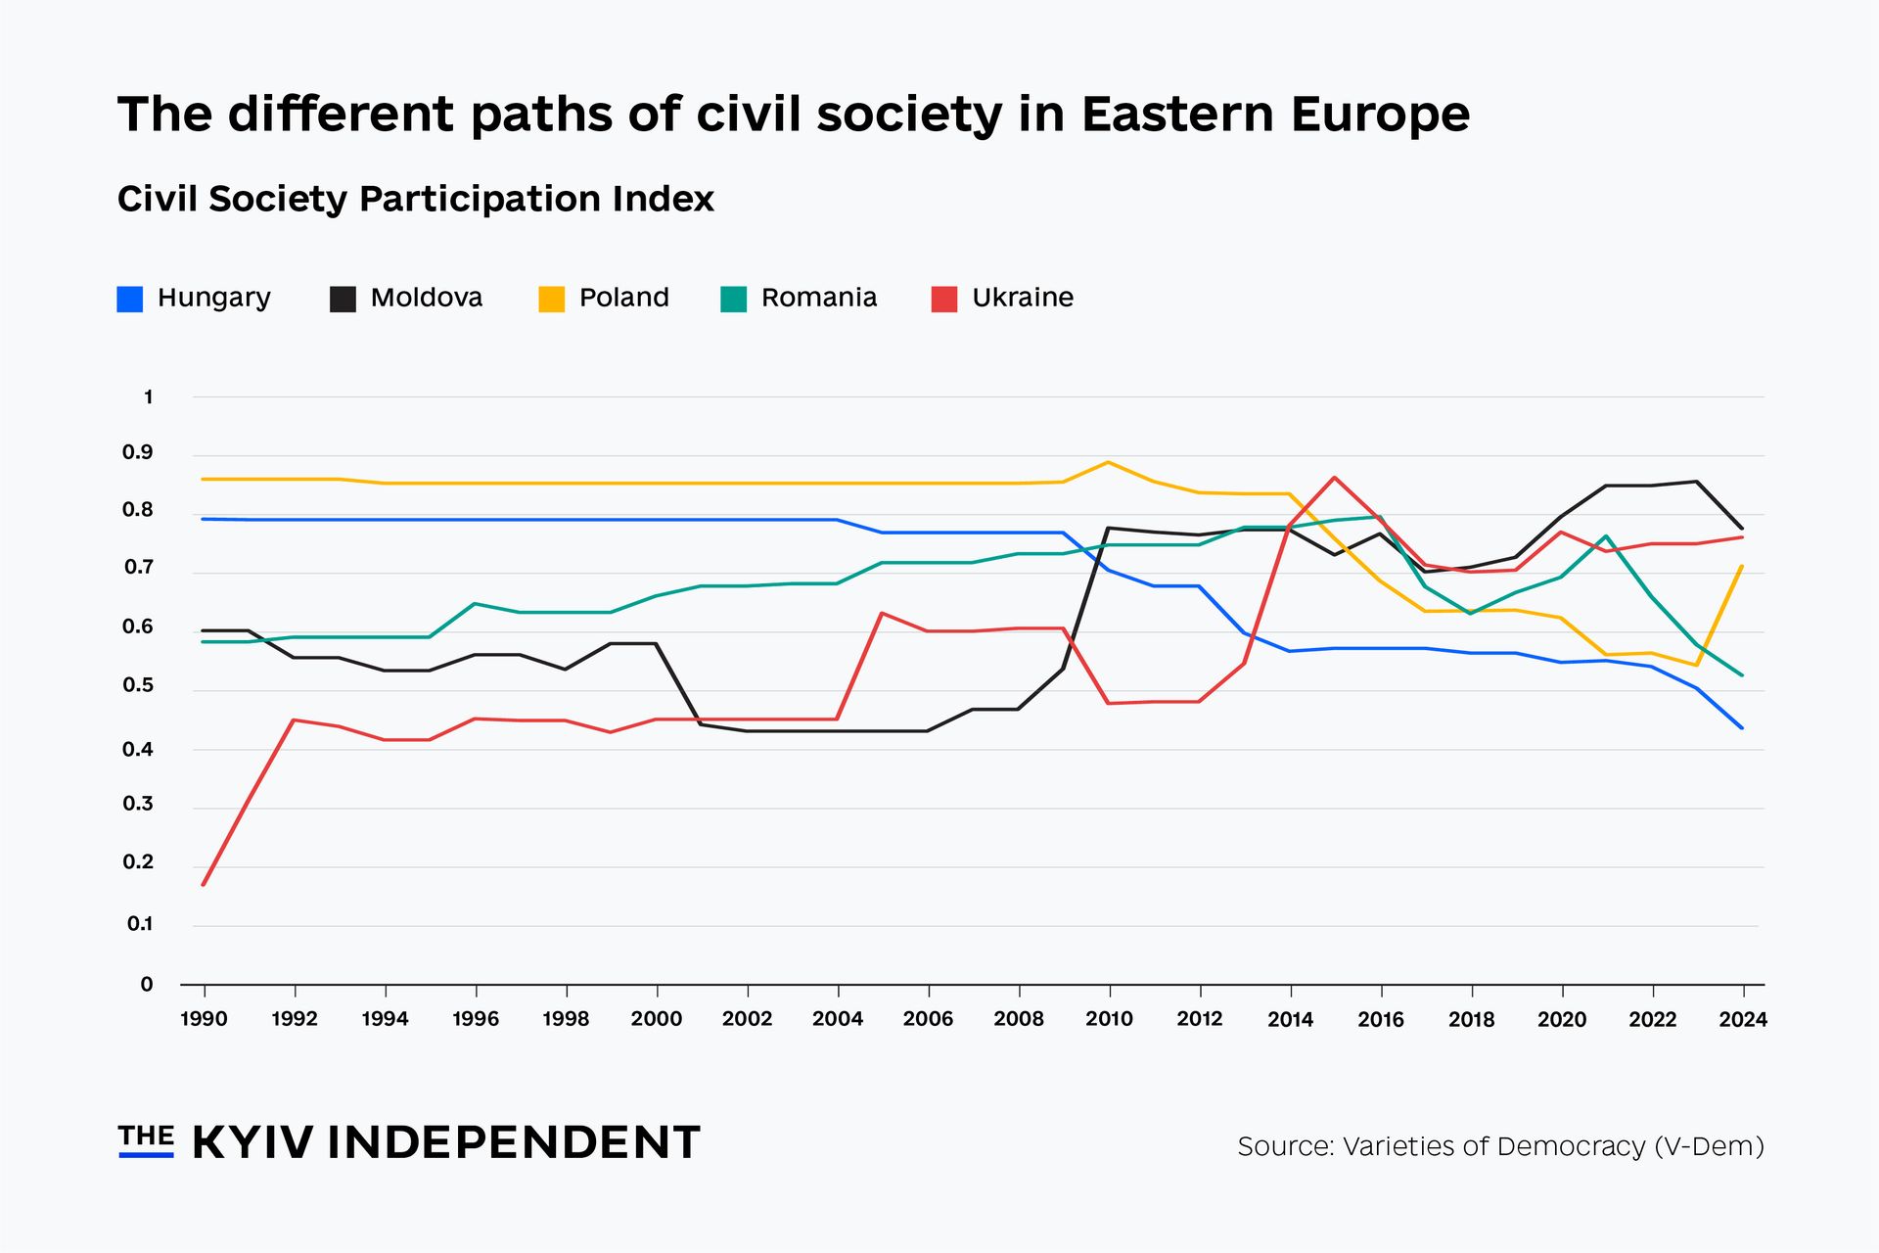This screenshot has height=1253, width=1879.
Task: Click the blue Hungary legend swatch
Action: click(130, 300)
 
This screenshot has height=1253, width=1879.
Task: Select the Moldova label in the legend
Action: click(426, 298)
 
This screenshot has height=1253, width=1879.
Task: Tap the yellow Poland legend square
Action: click(552, 300)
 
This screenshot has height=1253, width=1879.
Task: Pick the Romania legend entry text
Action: click(818, 298)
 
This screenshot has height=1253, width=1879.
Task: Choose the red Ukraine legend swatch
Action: click(944, 300)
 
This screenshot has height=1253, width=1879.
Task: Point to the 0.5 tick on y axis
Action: click(138, 686)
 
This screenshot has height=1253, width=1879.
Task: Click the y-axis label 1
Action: click(148, 397)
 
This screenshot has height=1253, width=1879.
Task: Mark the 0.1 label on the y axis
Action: click(140, 924)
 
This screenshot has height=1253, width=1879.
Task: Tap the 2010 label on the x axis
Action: click(1109, 1019)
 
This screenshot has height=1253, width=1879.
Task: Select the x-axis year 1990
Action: click(204, 1019)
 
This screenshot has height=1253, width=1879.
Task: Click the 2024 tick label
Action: click(1743, 1019)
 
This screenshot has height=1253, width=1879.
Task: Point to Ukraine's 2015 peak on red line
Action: click(1335, 478)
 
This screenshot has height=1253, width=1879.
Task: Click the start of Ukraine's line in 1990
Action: click(204, 884)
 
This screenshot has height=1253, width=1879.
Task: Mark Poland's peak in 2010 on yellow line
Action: click(1108, 462)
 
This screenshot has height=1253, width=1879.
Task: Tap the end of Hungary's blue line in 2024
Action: click(1742, 727)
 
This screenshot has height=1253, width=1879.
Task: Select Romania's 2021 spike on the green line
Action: click(1606, 536)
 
